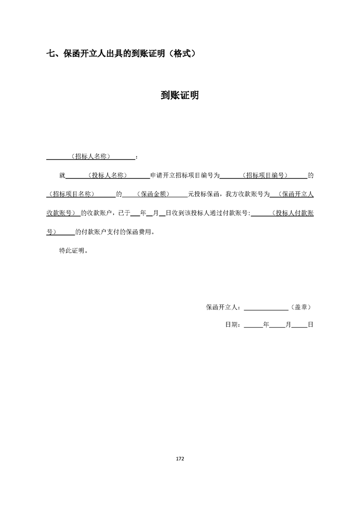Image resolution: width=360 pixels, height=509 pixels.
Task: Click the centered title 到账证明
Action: click(x=180, y=96)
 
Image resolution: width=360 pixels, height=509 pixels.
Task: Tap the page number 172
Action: click(x=180, y=459)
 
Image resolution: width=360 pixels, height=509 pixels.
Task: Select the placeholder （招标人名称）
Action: click(x=91, y=157)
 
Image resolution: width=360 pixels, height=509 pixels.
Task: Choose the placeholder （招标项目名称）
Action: click(x=73, y=194)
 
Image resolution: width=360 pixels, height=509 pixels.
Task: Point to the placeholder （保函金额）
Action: click(x=155, y=194)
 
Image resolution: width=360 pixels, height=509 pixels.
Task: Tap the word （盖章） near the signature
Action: click(x=301, y=307)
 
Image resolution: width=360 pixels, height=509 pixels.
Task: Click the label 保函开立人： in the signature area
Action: click(x=225, y=307)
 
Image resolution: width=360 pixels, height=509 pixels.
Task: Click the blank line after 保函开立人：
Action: click(x=266, y=308)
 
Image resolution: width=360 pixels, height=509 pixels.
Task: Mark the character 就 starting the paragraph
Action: click(x=63, y=175)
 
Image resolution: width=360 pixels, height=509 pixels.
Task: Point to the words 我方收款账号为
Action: click(x=247, y=194)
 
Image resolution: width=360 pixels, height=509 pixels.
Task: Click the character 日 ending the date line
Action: click(x=311, y=325)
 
